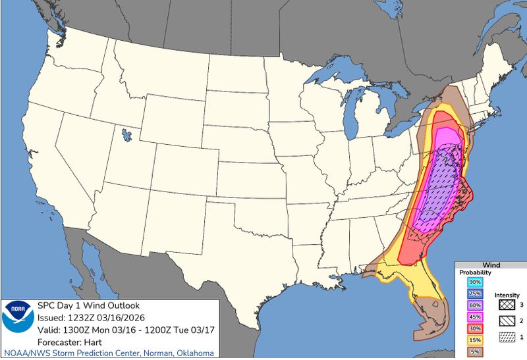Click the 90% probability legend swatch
click(474, 282)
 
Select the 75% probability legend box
click(474, 294)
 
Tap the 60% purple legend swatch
click(474, 305)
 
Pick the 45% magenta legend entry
click(474, 317)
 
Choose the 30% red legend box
click(474, 328)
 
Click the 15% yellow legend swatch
click(474, 340)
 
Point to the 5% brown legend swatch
click(474, 352)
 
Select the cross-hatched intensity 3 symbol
click(506, 305)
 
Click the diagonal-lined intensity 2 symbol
click(506, 321)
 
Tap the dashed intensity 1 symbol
click(506, 336)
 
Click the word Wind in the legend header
click(491, 265)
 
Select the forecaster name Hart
click(97, 341)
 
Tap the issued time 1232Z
click(84, 317)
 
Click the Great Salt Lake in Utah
click(125, 137)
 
